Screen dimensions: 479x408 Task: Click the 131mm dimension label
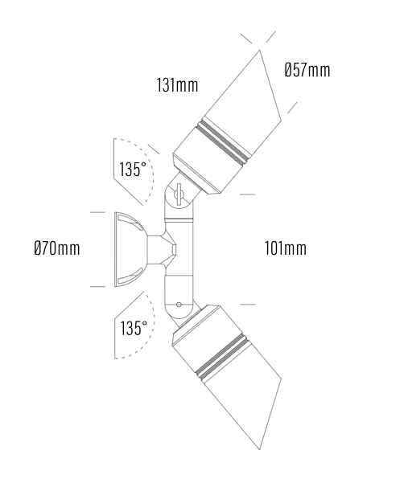[x=177, y=84]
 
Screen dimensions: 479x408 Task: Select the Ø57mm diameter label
[x=307, y=70]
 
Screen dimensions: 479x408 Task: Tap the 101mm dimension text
[x=285, y=248]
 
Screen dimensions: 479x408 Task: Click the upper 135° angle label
[x=133, y=170]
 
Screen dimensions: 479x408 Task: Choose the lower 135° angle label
[x=133, y=328]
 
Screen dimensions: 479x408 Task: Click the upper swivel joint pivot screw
[x=179, y=193]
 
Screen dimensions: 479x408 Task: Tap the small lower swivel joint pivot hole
[x=179, y=305]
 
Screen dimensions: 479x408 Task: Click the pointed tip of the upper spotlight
[x=261, y=51]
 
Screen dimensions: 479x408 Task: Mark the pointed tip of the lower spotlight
[x=261, y=446]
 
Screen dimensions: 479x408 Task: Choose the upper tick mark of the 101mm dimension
[x=248, y=194]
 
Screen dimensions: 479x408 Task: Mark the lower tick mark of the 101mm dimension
[x=248, y=305]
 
